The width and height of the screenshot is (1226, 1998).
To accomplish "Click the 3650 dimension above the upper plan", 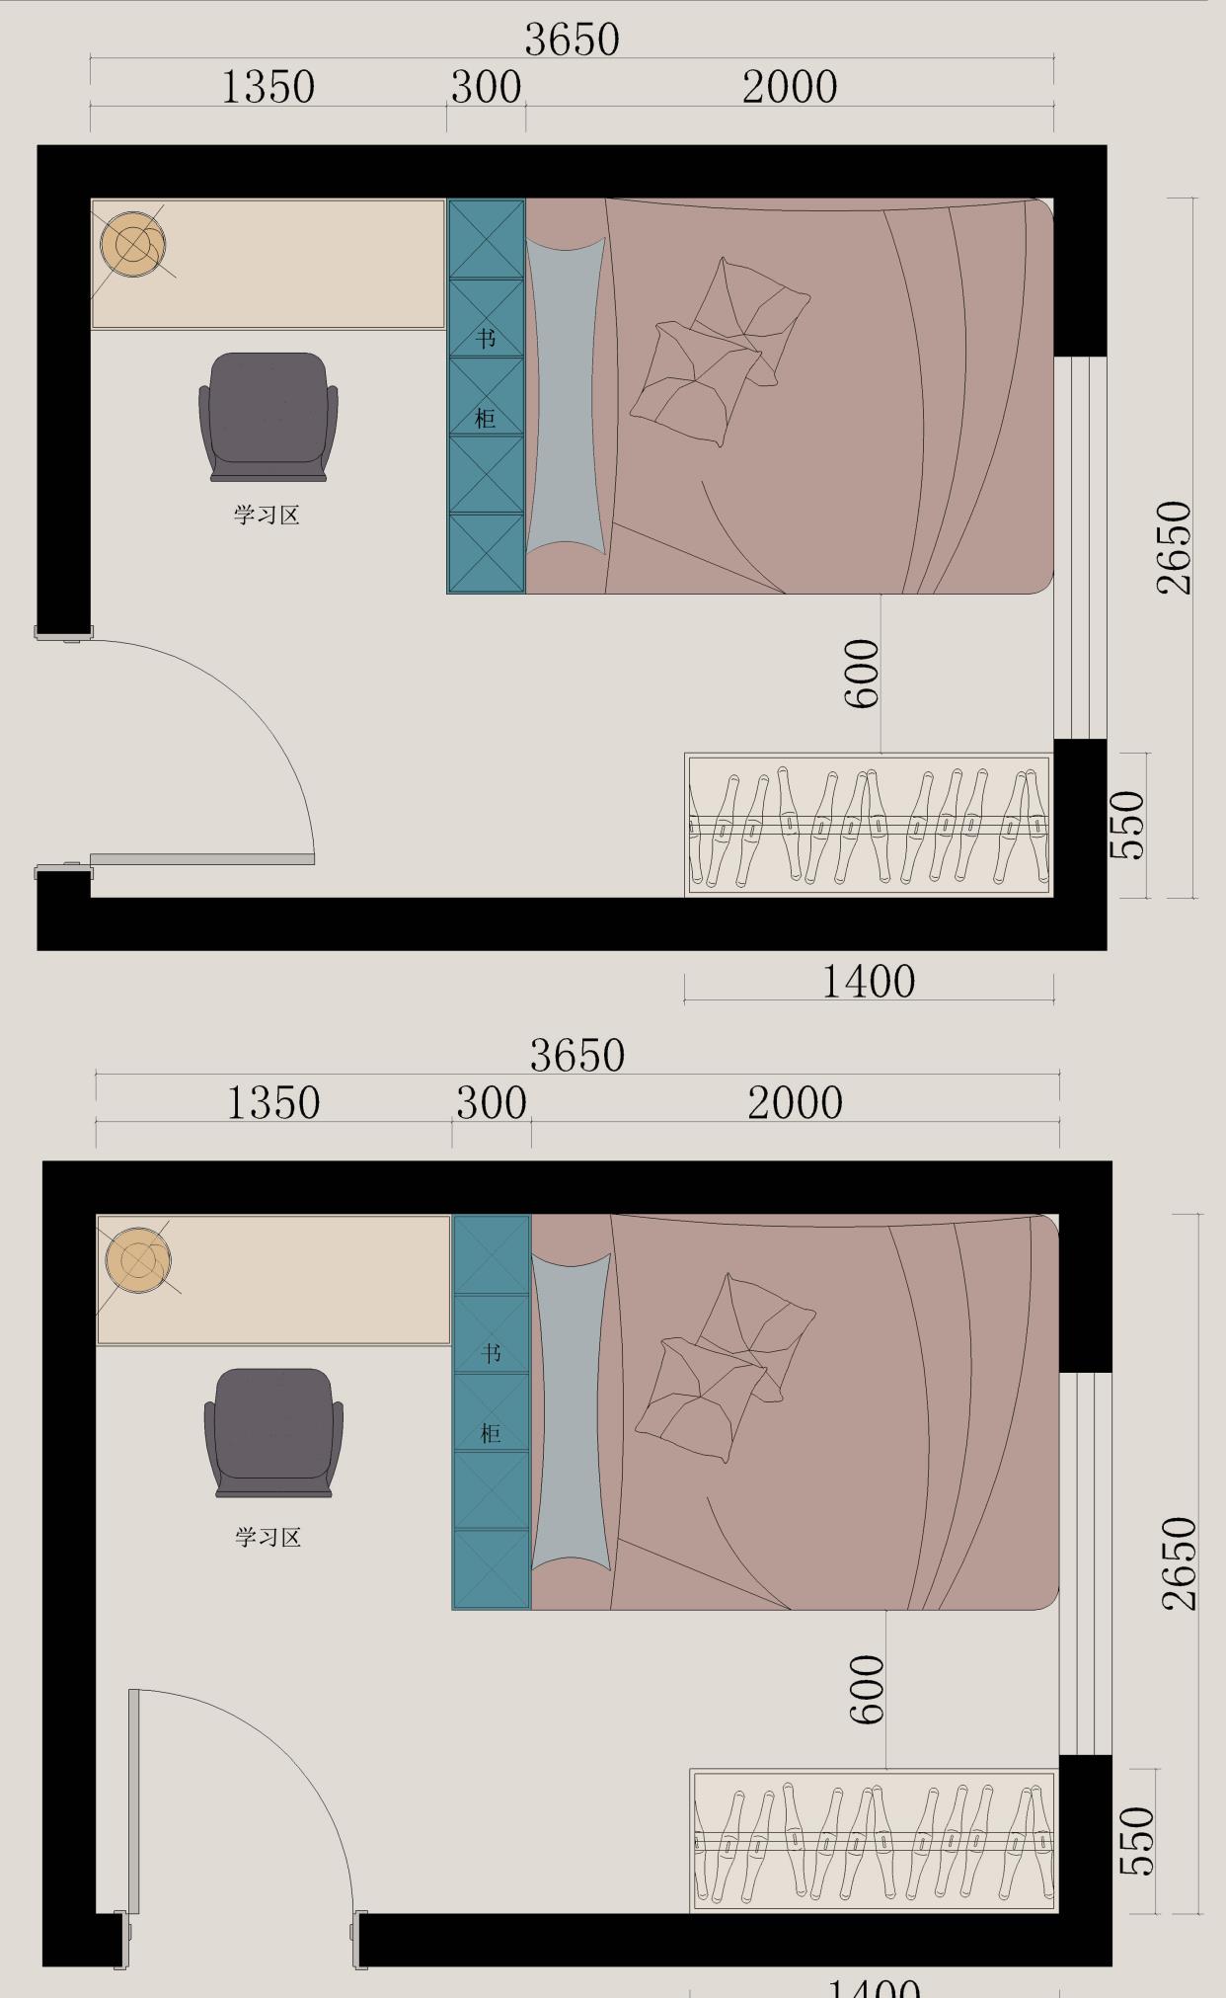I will pyautogui.click(x=572, y=40).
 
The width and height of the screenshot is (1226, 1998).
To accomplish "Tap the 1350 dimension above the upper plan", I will pyautogui.click(x=268, y=87).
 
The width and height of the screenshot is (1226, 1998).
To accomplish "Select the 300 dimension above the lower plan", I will pyautogui.click(x=492, y=1103).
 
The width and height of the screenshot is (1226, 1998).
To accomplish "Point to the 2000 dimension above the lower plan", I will pyautogui.click(x=795, y=1103).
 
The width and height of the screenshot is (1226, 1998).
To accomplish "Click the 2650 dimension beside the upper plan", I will pyautogui.click(x=1175, y=547).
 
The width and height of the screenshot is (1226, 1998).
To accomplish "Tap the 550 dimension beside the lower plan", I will pyautogui.click(x=1137, y=1841).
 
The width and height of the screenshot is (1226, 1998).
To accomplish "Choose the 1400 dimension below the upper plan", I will pyautogui.click(x=869, y=982).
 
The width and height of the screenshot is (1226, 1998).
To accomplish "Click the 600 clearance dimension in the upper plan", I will pyautogui.click(x=862, y=674).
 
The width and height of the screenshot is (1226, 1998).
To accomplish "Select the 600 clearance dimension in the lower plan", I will pyautogui.click(x=867, y=1690).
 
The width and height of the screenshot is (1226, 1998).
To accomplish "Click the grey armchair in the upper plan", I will pyautogui.click(x=268, y=417).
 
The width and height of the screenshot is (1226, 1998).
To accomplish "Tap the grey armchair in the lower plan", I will pyautogui.click(x=273, y=1432).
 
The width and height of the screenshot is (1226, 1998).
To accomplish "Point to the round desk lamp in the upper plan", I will pyautogui.click(x=132, y=244).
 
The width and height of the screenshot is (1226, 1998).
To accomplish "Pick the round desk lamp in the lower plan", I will pyautogui.click(x=138, y=1260).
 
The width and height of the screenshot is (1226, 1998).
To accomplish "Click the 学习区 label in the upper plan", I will pyautogui.click(x=267, y=516).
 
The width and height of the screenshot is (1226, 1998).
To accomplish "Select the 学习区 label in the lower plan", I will pyautogui.click(x=268, y=1537).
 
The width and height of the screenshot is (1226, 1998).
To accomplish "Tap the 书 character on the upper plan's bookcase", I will pyautogui.click(x=486, y=339).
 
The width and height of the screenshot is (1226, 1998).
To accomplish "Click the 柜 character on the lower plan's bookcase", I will pyautogui.click(x=491, y=1433).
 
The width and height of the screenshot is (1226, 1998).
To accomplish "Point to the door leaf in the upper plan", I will pyautogui.click(x=202, y=859).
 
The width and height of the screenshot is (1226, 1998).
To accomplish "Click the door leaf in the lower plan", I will pyautogui.click(x=134, y=1799).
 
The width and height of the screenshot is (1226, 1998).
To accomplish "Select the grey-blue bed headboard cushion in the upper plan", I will pyautogui.click(x=565, y=395).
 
